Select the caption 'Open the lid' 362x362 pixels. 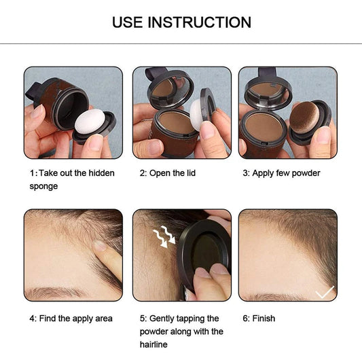pyautogui.click(x=168, y=173)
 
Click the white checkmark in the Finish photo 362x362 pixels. pyautogui.click(x=325, y=291)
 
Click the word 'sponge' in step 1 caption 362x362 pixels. pyautogui.click(x=43, y=186)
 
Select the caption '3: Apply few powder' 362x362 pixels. pyautogui.click(x=281, y=173)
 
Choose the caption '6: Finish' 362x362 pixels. pyautogui.click(x=259, y=319)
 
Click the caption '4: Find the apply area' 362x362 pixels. pyautogui.click(x=71, y=319)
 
